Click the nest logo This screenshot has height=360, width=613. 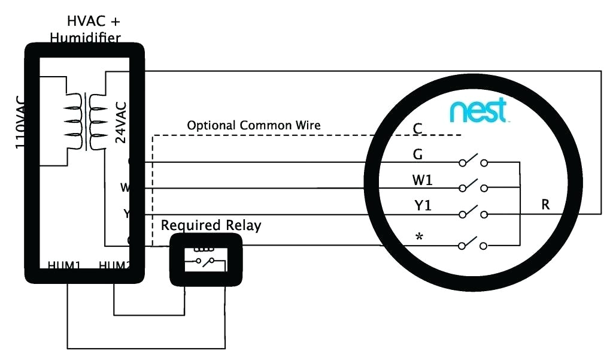(x=478, y=111)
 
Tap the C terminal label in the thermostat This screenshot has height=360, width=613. (x=418, y=129)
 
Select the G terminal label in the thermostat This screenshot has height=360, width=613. (x=418, y=155)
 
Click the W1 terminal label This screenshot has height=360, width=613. (x=422, y=180)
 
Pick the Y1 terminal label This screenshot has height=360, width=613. (x=423, y=206)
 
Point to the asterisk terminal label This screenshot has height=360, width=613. (x=418, y=237)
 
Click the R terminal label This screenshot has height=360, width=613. (x=545, y=204)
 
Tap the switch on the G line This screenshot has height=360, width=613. (x=472, y=161)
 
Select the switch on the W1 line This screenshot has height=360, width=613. (x=472, y=187)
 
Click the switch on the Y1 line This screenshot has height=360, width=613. (x=472, y=213)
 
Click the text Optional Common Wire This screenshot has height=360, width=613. (x=254, y=126)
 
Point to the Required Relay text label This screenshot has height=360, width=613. (x=211, y=226)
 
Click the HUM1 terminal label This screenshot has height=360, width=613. (x=64, y=265)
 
